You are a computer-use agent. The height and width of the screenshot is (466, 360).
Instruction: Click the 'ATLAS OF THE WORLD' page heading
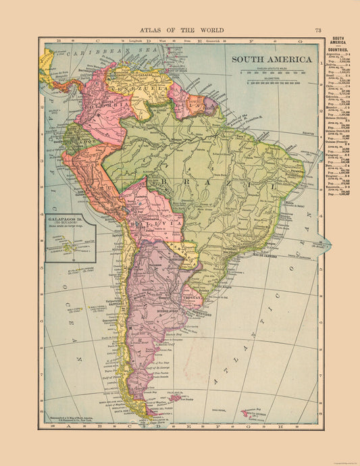(180, 30)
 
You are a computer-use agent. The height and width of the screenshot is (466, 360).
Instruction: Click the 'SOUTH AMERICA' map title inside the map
(267, 58)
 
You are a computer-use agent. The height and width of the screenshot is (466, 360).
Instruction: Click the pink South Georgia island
(251, 411)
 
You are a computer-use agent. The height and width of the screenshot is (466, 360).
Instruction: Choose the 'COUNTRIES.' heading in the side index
(342, 49)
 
